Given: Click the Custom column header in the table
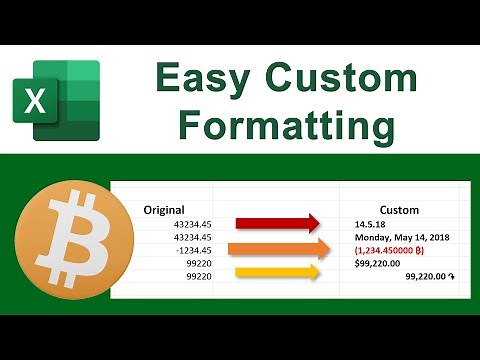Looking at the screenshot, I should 393,210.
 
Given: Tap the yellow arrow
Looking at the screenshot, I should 277,272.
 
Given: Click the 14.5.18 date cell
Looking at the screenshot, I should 370,225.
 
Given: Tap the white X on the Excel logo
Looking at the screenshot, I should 35,101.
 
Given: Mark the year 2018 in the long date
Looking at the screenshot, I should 435,238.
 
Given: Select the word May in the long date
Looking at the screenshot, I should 401,238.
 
